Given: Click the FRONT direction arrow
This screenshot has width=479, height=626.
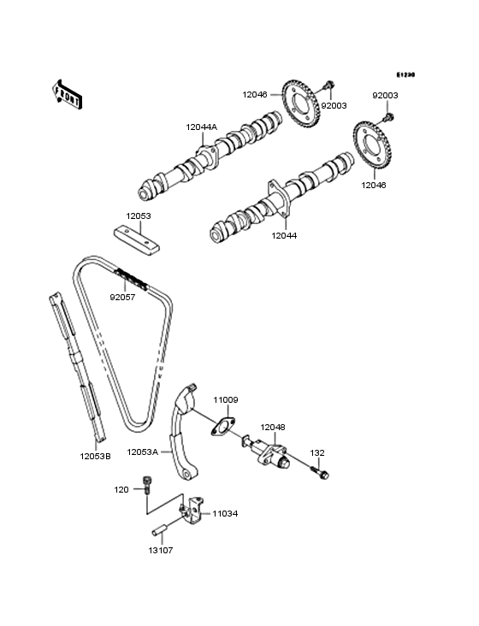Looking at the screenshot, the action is (67, 94).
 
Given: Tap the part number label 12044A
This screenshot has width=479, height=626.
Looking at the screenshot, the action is (202, 127).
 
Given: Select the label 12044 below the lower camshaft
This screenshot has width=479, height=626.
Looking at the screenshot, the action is (284, 235).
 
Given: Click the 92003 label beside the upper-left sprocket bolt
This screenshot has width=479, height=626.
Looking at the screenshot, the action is (334, 106).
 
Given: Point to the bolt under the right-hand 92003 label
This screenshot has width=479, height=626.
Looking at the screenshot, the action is (388, 117).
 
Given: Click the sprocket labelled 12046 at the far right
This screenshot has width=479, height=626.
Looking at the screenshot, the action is (372, 145).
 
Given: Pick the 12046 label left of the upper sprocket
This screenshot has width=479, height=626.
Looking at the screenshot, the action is (255, 95).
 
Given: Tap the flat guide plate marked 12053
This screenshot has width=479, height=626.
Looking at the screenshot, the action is (137, 240).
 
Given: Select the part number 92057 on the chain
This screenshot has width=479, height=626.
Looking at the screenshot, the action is (122, 297).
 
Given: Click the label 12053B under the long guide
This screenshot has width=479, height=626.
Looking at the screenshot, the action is (96, 457).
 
